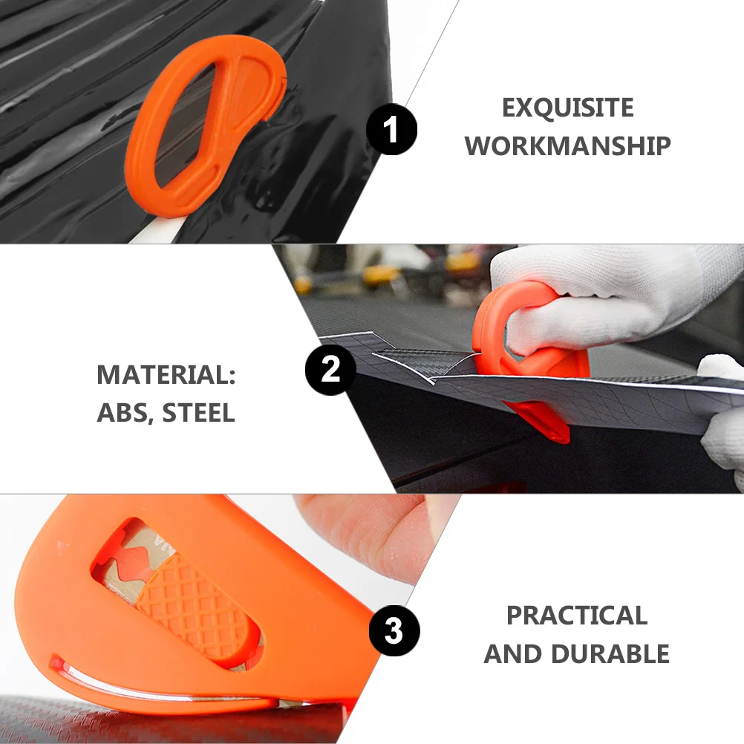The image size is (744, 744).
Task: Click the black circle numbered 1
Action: pos(392,129)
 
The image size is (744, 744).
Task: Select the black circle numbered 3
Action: pos(394,632)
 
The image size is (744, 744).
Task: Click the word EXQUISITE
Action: pos(568,108)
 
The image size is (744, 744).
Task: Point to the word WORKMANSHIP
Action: pos(568,146)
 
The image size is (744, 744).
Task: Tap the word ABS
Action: pos(119,413)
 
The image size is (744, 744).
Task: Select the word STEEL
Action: pos(198,413)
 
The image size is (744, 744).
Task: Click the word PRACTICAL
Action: pos(577,616)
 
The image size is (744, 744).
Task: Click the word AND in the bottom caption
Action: pos(513,654)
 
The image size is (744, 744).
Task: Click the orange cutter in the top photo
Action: pos(200,119)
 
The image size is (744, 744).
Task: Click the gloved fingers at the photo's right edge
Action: pos(724,438)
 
